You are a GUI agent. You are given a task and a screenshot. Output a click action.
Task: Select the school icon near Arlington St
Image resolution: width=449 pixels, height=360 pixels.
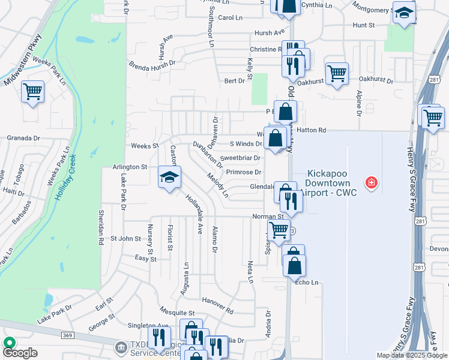pos(170,177)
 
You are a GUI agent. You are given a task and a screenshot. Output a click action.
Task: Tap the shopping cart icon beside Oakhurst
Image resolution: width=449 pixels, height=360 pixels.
pos(337,74)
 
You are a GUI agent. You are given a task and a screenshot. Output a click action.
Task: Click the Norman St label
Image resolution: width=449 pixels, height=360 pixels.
pos(268,217)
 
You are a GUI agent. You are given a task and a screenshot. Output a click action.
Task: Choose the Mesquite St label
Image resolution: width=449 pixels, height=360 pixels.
pos(178,313)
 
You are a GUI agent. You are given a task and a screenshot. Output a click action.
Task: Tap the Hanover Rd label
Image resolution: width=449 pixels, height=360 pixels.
pos(217,304)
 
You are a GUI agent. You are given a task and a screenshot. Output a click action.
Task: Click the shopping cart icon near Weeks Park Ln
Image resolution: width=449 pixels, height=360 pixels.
pos(32,92)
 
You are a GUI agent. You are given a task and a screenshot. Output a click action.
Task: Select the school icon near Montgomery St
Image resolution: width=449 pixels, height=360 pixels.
pos(404,13)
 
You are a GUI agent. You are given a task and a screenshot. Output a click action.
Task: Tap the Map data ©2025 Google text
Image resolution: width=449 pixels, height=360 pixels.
pos(411,355)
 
